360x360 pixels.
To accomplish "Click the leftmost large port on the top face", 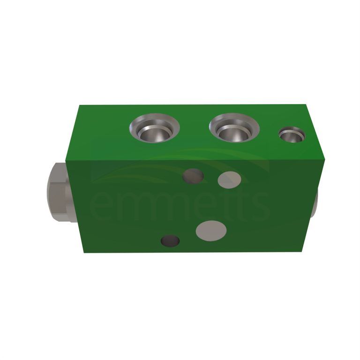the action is click(155, 127).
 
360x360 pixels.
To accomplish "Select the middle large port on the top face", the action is click(234, 127).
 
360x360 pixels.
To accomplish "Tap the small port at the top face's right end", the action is click(292, 135).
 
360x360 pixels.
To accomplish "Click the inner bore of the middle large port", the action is click(235, 135).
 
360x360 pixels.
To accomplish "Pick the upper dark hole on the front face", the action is click(193, 176).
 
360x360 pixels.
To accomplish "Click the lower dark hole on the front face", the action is click(170, 241).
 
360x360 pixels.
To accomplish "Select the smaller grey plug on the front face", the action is click(229, 180).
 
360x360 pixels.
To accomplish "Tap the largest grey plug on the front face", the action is click(211, 231).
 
